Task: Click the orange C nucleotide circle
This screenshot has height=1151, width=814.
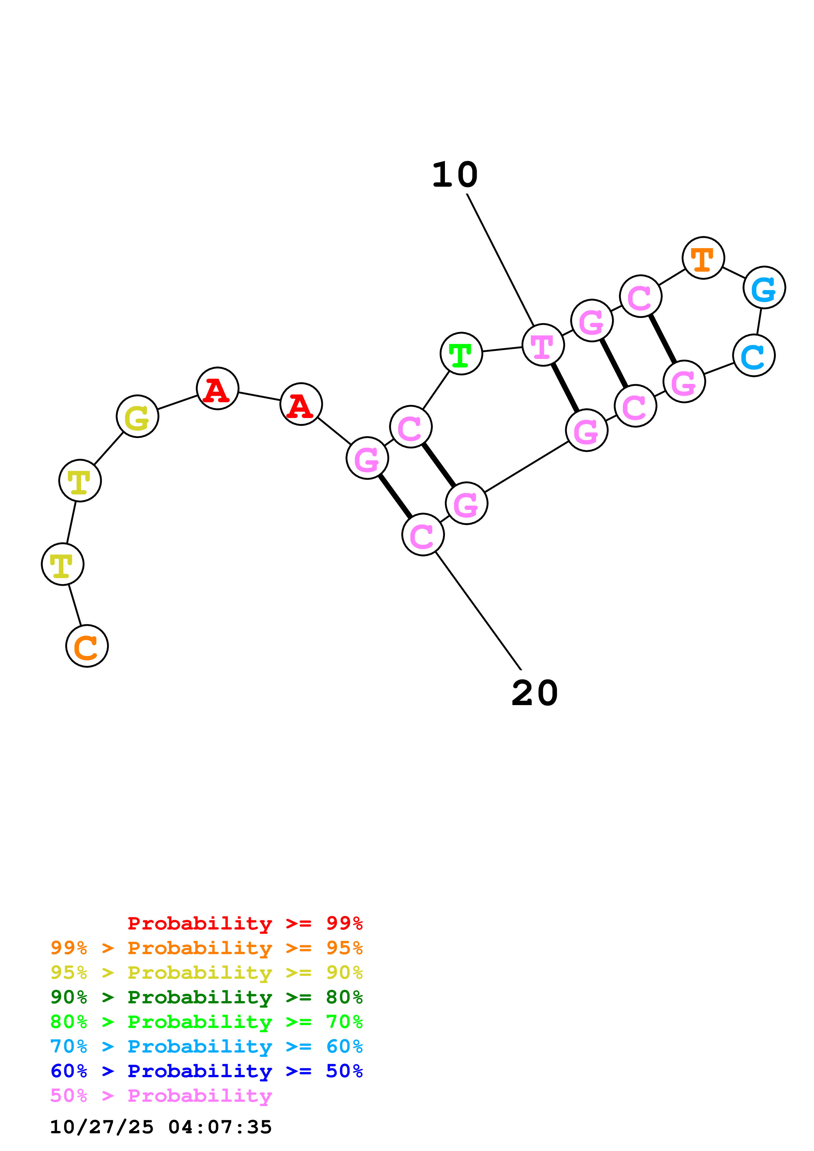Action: click(x=87, y=646)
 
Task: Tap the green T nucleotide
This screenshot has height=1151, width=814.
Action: click(x=461, y=353)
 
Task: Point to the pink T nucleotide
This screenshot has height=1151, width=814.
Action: click(x=543, y=345)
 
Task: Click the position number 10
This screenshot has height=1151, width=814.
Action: click(x=454, y=175)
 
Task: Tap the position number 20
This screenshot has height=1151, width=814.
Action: click(x=534, y=693)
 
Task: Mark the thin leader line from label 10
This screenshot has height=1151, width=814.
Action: click(x=500, y=260)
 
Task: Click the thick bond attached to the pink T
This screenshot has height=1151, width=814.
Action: click(x=565, y=387)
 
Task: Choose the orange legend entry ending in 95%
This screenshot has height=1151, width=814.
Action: click(x=206, y=948)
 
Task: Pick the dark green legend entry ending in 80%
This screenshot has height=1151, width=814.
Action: click(x=206, y=997)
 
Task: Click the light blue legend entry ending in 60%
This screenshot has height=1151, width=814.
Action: click(x=206, y=1046)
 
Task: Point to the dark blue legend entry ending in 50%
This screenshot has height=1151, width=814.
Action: click(x=206, y=1071)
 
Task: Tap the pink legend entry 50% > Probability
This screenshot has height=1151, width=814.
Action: click(x=161, y=1095)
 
